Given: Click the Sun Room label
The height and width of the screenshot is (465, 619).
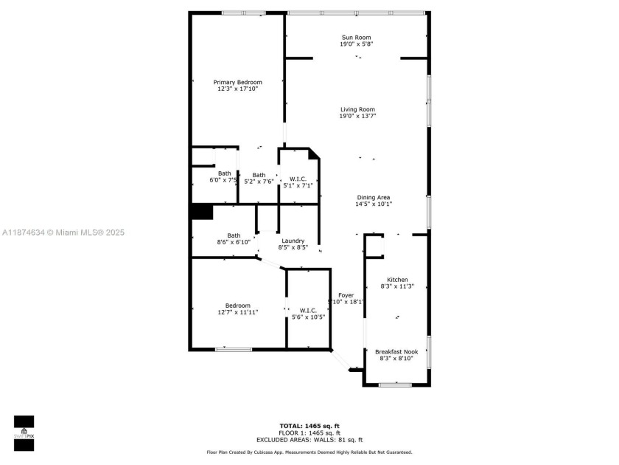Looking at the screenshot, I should (x=356, y=38).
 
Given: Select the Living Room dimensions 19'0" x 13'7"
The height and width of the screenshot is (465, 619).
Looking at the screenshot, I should (x=357, y=116).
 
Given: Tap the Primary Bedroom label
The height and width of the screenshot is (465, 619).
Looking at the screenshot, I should (x=237, y=82).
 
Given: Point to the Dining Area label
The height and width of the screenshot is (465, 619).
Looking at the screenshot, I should (x=374, y=197).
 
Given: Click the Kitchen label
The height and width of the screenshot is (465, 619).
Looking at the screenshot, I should (x=397, y=280).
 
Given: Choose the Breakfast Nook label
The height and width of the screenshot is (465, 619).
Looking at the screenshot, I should (x=396, y=351).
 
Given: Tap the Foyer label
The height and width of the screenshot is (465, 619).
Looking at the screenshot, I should (x=346, y=294).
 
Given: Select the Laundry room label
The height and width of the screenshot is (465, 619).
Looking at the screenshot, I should (x=293, y=241).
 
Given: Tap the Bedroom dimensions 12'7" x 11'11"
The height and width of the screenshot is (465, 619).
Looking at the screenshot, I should (x=237, y=312).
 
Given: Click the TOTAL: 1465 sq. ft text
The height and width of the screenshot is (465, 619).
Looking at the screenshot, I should (x=309, y=426).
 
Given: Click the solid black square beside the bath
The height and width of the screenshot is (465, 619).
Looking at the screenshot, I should (x=201, y=212).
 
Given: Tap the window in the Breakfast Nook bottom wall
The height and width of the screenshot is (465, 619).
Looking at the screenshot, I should (x=395, y=384).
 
